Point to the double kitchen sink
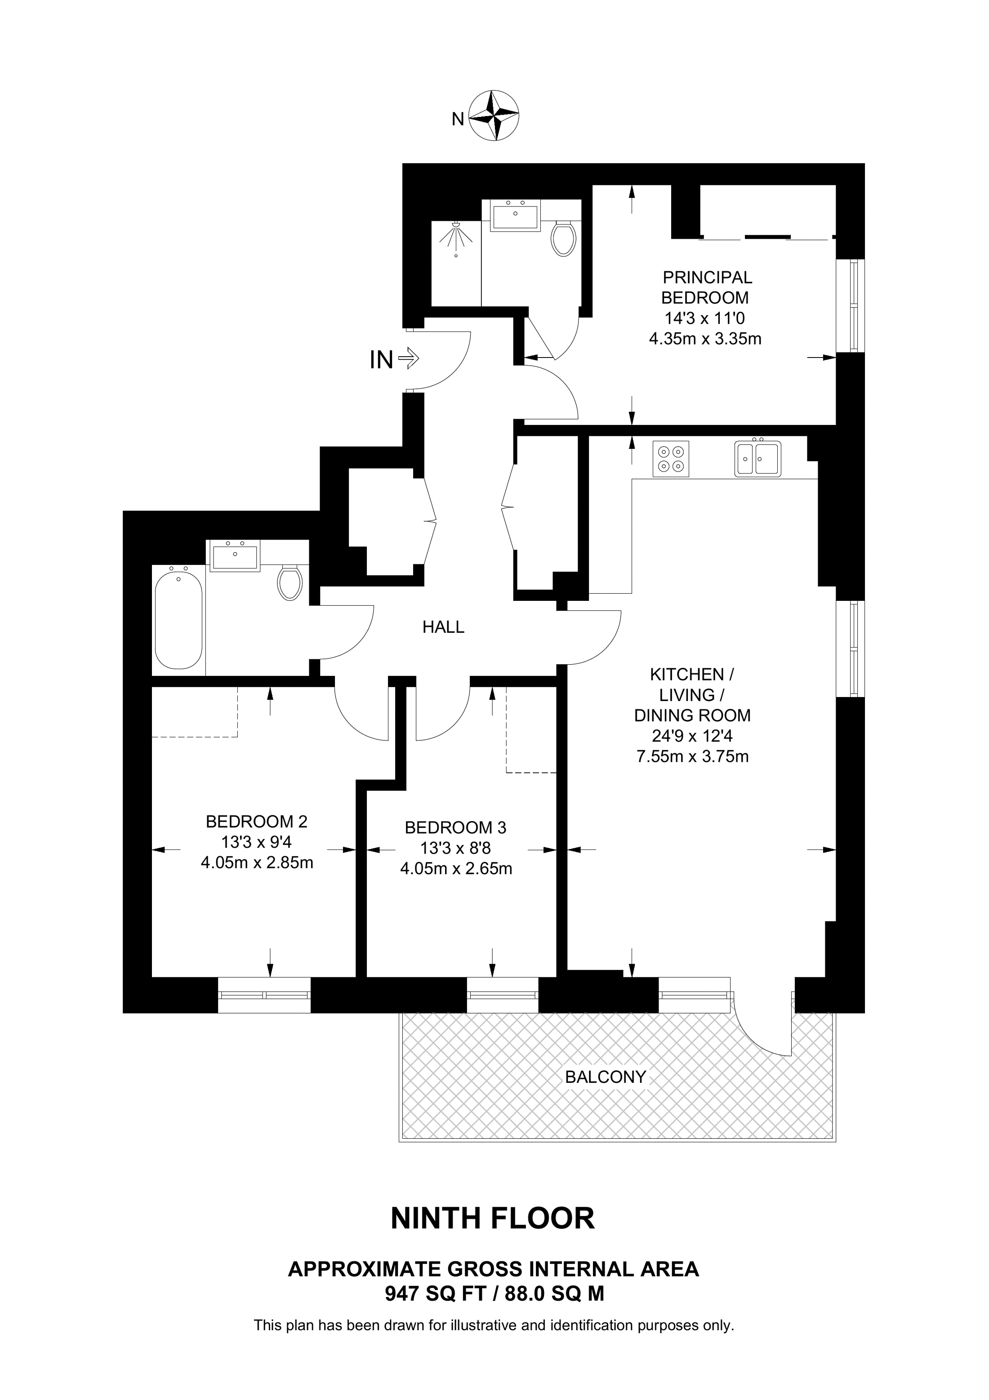click(x=757, y=457)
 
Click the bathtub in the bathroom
click(x=178, y=617)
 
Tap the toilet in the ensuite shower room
click(x=563, y=238)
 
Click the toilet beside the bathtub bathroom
click(x=290, y=581)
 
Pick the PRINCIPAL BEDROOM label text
click(x=707, y=287)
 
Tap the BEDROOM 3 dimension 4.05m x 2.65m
click(x=456, y=869)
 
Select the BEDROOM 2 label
click(x=257, y=821)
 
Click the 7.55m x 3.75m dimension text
click(x=692, y=757)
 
